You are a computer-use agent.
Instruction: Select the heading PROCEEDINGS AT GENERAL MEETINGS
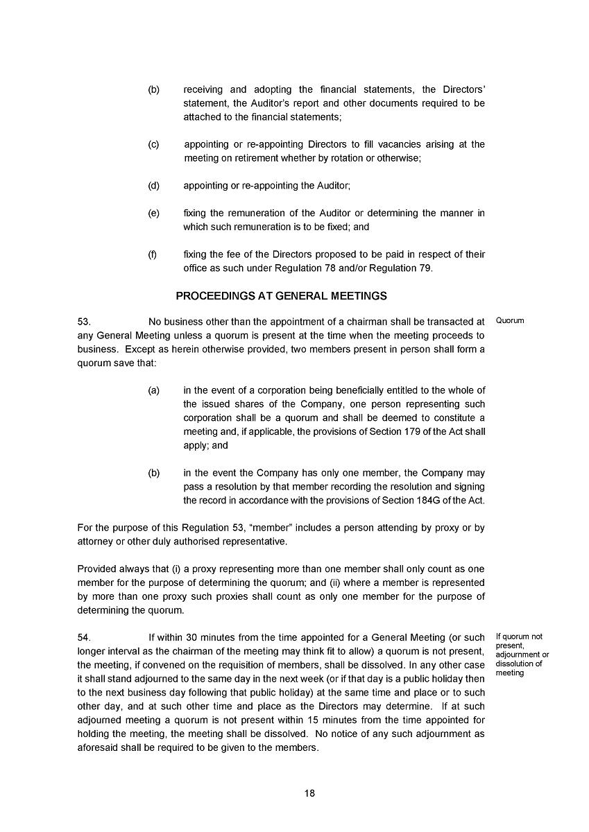281,296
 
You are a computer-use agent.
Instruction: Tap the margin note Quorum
510,321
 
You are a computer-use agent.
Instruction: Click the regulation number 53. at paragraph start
85,322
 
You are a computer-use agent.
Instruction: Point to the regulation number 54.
85,637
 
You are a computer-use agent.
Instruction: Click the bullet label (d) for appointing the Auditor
153,186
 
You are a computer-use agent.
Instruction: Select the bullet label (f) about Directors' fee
153,255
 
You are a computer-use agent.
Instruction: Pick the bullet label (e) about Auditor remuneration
153,214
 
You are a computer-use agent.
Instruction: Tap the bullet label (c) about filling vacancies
153,144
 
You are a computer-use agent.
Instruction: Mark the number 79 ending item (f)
425,269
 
